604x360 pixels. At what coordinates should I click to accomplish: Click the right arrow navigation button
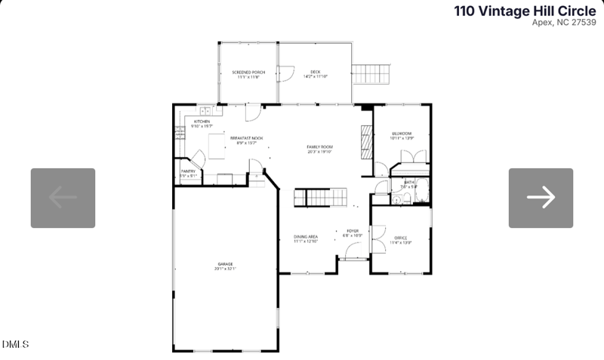[x=541, y=198]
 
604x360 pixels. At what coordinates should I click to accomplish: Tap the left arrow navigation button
[x=63, y=198]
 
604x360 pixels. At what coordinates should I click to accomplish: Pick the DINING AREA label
[x=306, y=238]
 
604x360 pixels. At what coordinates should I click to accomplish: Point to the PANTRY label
[x=188, y=172]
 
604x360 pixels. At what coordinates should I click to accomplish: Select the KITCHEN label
[x=202, y=122]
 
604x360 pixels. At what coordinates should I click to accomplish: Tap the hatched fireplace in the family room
[x=366, y=142]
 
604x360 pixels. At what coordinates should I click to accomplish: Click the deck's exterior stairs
[x=371, y=74]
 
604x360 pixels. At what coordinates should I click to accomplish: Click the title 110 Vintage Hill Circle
[x=524, y=11]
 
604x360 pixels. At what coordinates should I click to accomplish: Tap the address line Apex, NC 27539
[x=563, y=23]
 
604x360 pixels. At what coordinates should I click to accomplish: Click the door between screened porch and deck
[x=284, y=74]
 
